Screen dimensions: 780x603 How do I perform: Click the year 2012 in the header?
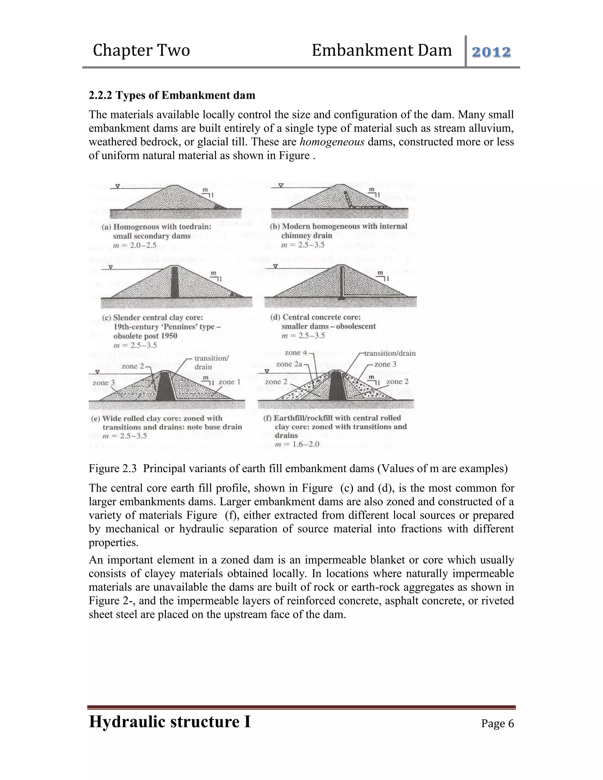point(491,52)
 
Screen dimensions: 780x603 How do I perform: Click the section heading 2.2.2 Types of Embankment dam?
point(172,95)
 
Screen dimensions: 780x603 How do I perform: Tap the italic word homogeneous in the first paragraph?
point(332,142)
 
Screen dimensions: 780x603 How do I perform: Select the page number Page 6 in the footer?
point(497,723)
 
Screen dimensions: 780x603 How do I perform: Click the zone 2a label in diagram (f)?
point(289,364)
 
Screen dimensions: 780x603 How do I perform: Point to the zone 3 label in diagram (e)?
point(104,383)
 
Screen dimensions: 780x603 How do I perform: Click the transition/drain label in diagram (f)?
point(390,353)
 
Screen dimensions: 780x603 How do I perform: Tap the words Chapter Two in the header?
point(141,50)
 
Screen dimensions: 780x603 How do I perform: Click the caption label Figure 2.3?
point(112,468)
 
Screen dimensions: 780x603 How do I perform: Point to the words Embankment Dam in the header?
point(382,50)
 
